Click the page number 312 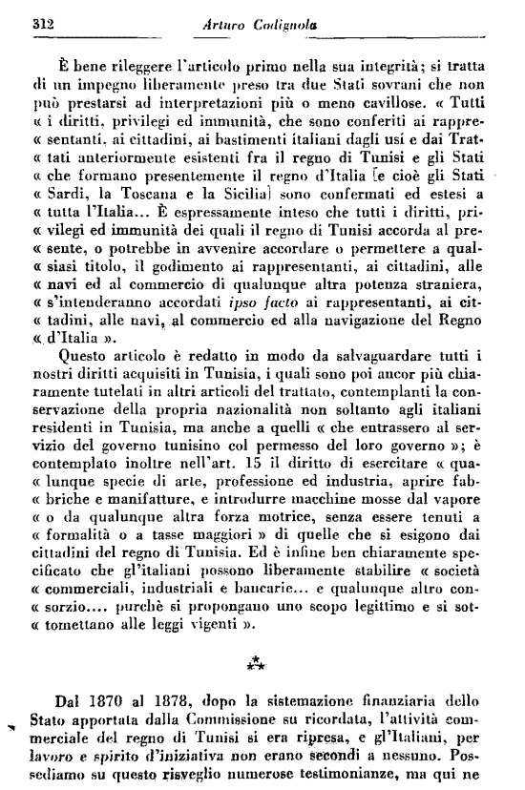[x=40, y=21]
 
